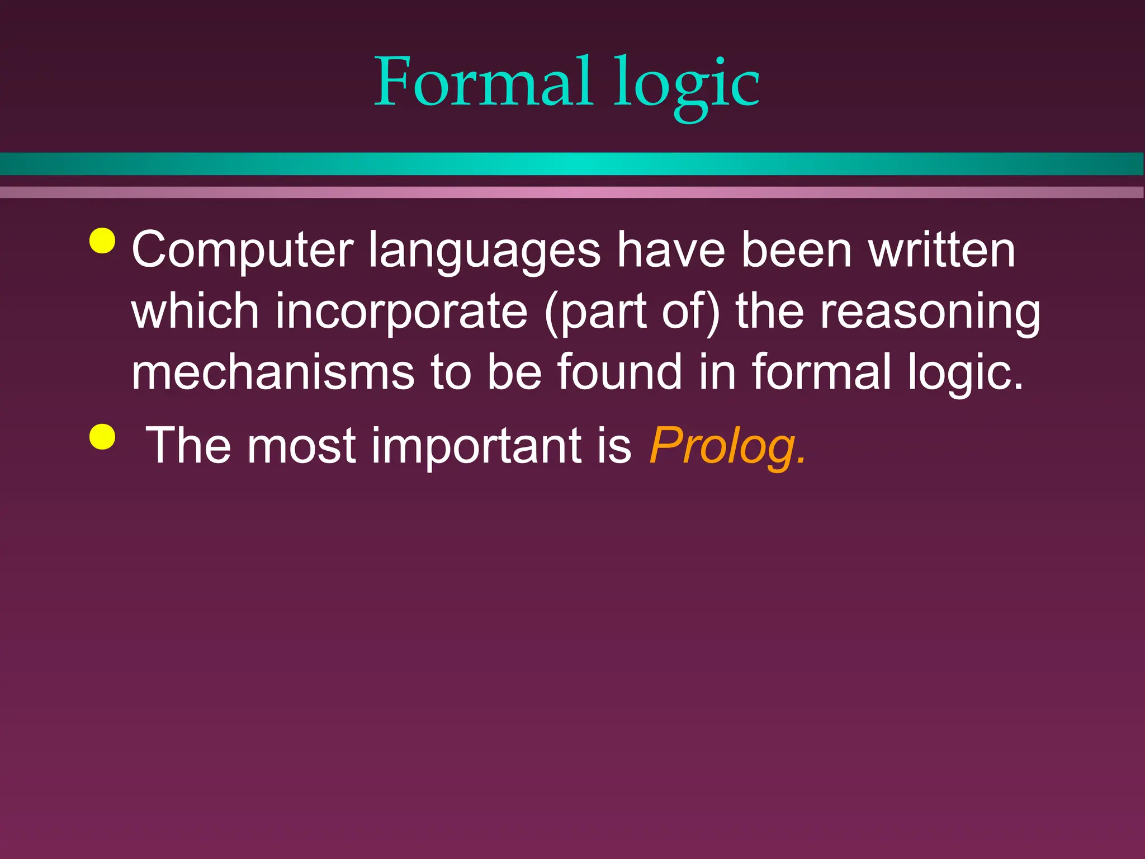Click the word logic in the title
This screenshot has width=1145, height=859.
pyautogui.click(x=686, y=85)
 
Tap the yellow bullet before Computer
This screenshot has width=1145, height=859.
pyautogui.click(x=102, y=240)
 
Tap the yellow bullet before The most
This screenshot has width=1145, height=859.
pyautogui.click(x=102, y=436)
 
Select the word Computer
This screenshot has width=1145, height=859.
pyautogui.click(x=242, y=251)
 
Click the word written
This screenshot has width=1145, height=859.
pyautogui.click(x=942, y=251)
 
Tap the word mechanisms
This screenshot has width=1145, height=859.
pyautogui.click(x=273, y=372)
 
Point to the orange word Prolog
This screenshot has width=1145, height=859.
pyautogui.click(x=727, y=446)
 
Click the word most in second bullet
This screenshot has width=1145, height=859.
pyautogui.click(x=301, y=446)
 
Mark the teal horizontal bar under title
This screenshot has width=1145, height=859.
pyautogui.click(x=572, y=164)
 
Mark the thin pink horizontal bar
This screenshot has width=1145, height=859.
pyautogui.click(x=572, y=192)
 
